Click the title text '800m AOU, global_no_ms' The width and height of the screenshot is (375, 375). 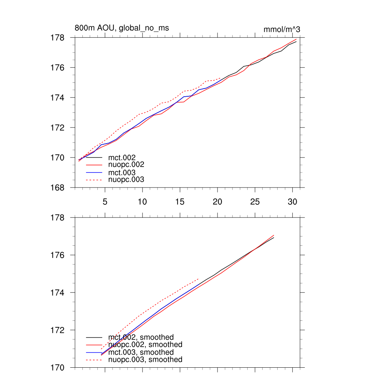122,28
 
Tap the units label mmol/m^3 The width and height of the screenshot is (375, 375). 282,30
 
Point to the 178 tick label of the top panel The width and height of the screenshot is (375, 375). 58,38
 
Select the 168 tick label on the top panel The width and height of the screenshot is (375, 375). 58,188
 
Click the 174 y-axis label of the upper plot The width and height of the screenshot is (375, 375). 58,98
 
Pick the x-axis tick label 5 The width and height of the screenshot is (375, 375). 105,202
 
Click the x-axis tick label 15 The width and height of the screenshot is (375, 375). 180,202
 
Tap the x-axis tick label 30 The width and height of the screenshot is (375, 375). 292,202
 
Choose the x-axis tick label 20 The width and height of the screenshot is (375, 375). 218,202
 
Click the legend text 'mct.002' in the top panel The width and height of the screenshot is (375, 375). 122,157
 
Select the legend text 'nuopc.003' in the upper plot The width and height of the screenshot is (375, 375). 126,180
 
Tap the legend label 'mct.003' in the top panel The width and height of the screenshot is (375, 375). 122,172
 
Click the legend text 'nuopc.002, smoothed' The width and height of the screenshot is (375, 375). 145,345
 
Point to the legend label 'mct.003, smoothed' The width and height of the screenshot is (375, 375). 141,352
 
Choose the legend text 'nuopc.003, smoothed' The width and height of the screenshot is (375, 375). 145,360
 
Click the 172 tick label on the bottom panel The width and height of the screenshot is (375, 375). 58,330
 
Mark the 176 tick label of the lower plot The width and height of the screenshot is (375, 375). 58,255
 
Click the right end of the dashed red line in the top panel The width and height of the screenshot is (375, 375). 221,78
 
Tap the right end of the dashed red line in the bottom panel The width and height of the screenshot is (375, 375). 199,278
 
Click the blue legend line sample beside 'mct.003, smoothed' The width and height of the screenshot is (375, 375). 94,352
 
